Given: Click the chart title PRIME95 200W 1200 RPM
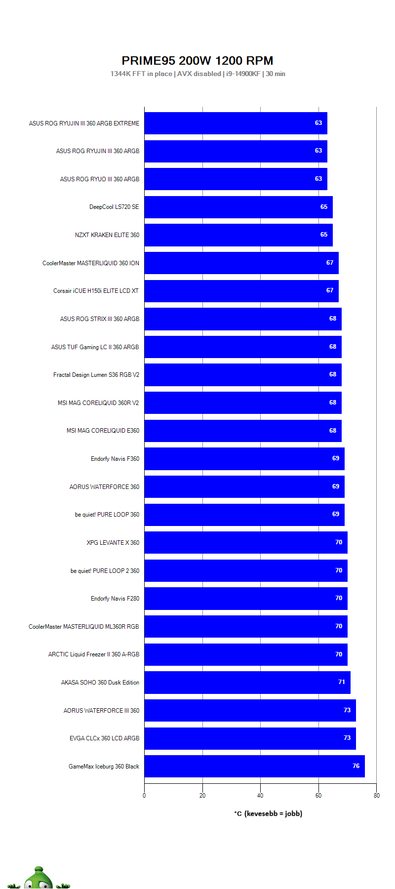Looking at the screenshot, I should [197, 61].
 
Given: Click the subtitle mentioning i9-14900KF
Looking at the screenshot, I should [197, 74].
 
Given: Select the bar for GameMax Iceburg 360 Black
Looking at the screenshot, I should [254, 766].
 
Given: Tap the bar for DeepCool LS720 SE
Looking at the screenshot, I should [238, 207].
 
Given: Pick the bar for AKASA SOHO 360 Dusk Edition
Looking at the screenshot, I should [247, 682].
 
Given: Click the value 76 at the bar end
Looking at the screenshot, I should [356, 766].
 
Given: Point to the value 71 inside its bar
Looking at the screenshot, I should [342, 682].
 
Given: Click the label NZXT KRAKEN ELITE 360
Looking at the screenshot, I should [107, 235].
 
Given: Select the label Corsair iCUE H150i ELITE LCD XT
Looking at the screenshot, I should [96, 291].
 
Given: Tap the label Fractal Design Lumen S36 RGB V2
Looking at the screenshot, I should [96, 375].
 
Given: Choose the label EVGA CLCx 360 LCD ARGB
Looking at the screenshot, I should [105, 738].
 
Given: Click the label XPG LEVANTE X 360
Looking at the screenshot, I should [113, 543].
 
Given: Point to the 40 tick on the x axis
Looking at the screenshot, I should [260, 796].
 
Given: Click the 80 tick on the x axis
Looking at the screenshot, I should [377, 796].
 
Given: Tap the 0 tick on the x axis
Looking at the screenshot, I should [144, 796].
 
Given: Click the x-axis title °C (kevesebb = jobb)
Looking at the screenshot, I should [268, 813].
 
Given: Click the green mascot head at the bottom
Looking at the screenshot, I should [39, 879].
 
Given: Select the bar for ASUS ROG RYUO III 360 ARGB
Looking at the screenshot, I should [236, 179].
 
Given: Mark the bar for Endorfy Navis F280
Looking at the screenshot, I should [246, 598].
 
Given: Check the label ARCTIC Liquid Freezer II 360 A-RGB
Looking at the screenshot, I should [94, 654].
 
